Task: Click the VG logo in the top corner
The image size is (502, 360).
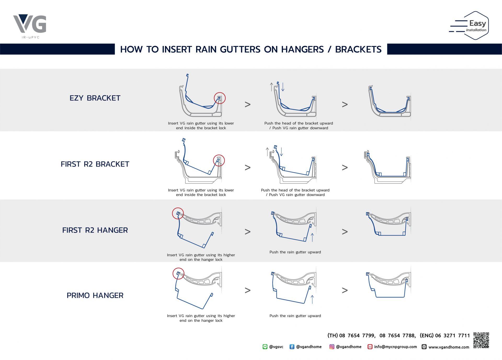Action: pyautogui.click(x=30, y=26)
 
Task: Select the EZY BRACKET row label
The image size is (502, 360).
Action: pyautogui.click(x=95, y=98)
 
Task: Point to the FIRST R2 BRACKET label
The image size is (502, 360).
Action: pyautogui.click(x=95, y=164)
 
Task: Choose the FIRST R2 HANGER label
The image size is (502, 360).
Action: pyautogui.click(x=95, y=230)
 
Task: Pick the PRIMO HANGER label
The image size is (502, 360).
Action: pyautogui.click(x=95, y=295)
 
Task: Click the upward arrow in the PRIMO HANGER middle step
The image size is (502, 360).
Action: pyautogui.click(x=312, y=299)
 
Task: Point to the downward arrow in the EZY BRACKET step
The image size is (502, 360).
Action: pyautogui.click(x=283, y=87)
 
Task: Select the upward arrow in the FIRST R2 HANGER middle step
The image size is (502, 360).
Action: pyautogui.click(x=312, y=238)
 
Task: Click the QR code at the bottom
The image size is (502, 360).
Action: pyautogui.click(x=481, y=340)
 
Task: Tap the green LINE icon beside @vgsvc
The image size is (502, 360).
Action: pyautogui.click(x=265, y=347)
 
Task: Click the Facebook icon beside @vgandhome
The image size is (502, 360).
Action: pyautogui.click(x=292, y=347)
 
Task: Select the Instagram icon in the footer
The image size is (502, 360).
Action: pyautogui.click(x=332, y=347)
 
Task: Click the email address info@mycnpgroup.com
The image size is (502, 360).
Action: pyautogui.click(x=395, y=347)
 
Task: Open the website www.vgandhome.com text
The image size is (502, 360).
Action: pyautogui.click(x=449, y=347)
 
